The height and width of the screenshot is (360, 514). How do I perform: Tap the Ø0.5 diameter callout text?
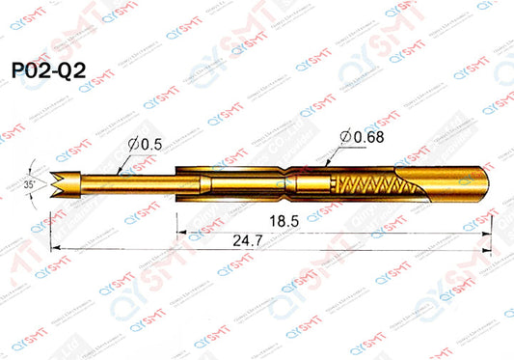pyautogui.click(x=144, y=144)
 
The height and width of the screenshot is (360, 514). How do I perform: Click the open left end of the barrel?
pyautogui.click(x=178, y=180)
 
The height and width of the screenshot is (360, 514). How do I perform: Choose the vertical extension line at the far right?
pyautogui.click(x=493, y=227)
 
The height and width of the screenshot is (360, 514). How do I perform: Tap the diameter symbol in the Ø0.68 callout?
pyautogui.click(x=345, y=136)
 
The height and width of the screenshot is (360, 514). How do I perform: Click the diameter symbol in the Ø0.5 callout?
pyautogui.click(x=132, y=144)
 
